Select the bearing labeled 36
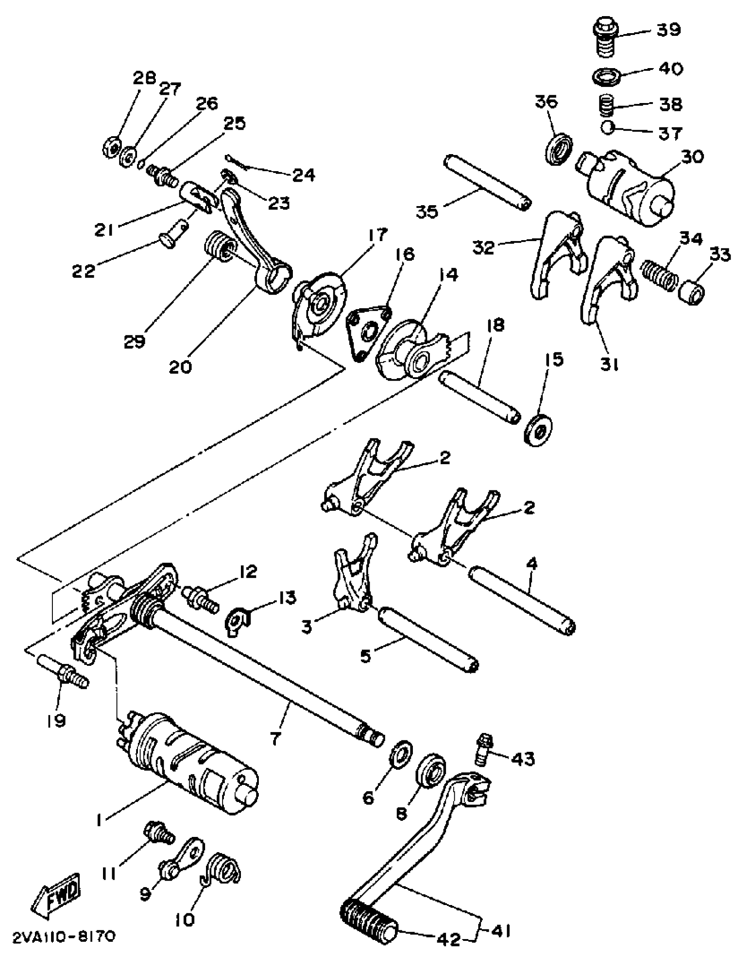(560, 148)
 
